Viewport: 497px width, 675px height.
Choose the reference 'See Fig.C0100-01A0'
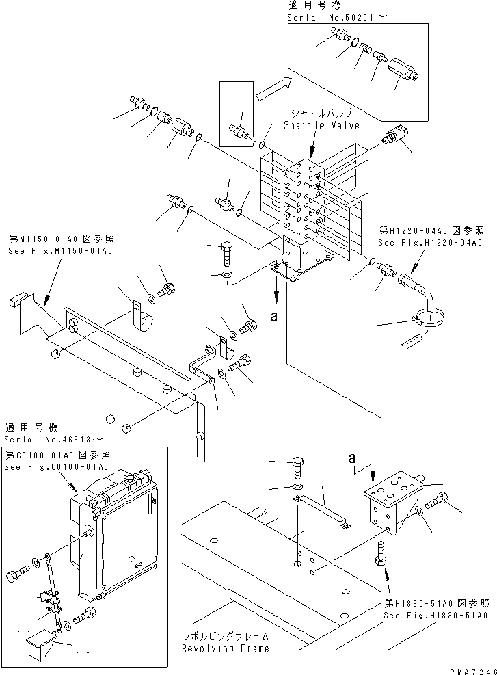56,466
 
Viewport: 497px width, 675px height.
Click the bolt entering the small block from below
381,551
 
